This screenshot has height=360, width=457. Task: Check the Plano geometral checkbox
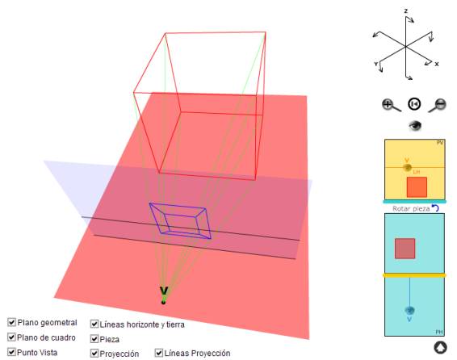point(11,322)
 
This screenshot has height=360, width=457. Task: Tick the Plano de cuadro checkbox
point(11,337)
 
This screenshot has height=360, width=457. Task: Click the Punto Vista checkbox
point(11,352)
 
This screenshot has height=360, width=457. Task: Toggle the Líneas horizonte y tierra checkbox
point(94,324)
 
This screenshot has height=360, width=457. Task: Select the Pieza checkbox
point(94,339)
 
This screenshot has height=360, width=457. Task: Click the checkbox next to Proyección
point(94,354)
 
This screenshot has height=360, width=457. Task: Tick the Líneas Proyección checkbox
point(158,353)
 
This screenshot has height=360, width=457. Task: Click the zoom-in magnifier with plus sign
point(391,105)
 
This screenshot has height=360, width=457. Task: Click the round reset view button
point(414,104)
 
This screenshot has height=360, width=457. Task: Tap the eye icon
point(415,126)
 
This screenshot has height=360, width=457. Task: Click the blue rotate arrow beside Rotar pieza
point(435,207)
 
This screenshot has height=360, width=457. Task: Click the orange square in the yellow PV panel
point(417,187)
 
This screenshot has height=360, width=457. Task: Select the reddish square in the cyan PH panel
point(405,249)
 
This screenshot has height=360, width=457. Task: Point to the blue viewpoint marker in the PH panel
point(409,311)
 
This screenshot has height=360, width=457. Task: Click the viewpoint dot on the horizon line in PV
point(407,167)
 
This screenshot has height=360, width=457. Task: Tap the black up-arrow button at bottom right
point(440,347)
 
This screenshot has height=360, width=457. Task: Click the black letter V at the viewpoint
point(164,291)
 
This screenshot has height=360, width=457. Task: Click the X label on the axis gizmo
point(436,64)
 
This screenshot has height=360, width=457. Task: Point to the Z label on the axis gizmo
point(405,11)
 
